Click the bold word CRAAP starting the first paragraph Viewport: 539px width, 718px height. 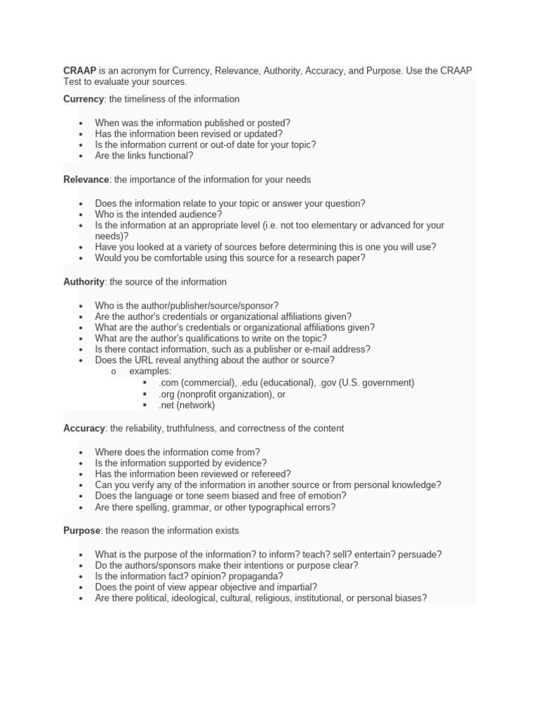tap(79, 71)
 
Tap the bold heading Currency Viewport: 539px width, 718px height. tap(84, 99)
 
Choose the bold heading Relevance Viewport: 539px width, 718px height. tap(86, 179)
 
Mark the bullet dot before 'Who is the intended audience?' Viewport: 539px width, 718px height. tap(81, 215)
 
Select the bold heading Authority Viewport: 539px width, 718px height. tap(84, 282)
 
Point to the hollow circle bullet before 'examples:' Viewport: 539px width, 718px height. tap(113, 372)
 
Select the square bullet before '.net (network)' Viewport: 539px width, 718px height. tap(144, 405)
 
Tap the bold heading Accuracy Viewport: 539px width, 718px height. tap(84, 428)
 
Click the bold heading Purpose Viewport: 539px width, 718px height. tap(81, 531)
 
